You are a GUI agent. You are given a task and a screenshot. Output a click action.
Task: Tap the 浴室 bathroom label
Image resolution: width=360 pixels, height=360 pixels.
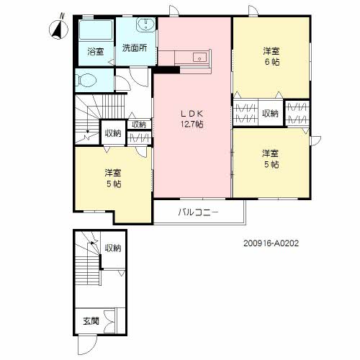click(96, 51)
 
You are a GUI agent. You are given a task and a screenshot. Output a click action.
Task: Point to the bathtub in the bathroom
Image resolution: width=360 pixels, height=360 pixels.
click(96, 32)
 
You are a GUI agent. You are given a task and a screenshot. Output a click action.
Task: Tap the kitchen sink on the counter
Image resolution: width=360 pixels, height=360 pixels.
click(199, 58)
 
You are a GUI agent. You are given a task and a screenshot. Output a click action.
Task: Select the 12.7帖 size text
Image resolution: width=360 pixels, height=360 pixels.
click(191, 125)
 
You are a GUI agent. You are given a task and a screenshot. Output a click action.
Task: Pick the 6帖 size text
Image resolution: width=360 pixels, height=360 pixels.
click(271, 62)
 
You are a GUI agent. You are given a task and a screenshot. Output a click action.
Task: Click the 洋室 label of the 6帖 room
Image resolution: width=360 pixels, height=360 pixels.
click(271, 50)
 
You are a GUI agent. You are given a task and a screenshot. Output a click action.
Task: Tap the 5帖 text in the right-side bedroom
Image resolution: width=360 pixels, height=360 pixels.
click(271, 164)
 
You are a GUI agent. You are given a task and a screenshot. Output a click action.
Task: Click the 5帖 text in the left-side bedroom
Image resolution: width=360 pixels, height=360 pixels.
click(112, 184)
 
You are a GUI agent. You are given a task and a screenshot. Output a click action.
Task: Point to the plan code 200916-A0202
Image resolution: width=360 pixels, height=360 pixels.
click(271, 243)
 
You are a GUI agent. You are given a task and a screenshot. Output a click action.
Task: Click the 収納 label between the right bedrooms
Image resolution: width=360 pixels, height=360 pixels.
click(271, 113)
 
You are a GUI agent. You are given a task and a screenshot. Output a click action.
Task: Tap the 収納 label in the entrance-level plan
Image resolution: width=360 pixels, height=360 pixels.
click(113, 248)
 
